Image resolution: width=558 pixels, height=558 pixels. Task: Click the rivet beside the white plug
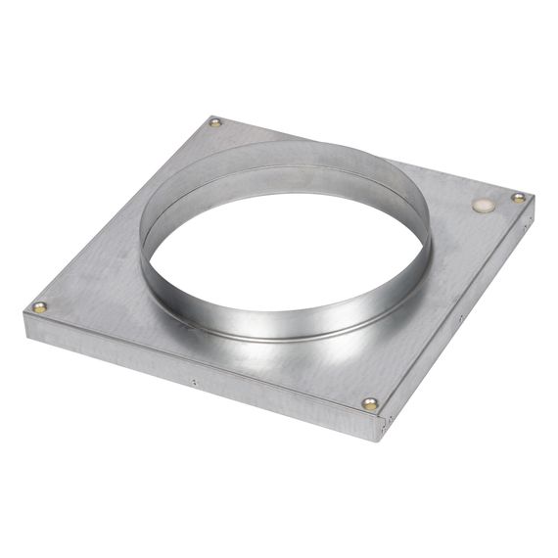click(518, 198)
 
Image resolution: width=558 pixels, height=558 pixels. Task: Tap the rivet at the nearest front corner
click(370, 403)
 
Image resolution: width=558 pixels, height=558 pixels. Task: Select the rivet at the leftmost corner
click(39, 307)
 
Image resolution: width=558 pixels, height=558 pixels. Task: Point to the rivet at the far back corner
click(215, 122)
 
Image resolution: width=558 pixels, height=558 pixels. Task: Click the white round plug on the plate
click(483, 206)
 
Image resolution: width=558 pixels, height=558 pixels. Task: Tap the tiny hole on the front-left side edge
click(194, 383)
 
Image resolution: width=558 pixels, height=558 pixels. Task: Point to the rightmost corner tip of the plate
click(535, 196)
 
